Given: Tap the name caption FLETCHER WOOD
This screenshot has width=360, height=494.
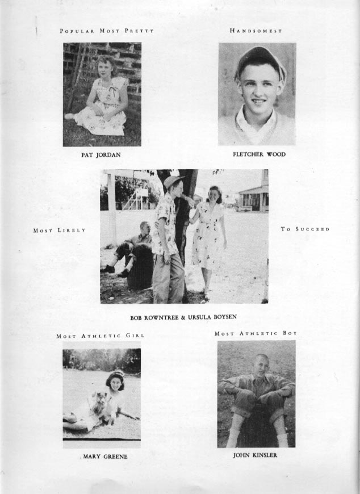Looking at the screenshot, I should (x=259, y=154).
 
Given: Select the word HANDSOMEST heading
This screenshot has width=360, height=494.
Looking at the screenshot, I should (x=256, y=31).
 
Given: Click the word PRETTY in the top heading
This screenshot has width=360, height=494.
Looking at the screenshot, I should (x=140, y=31).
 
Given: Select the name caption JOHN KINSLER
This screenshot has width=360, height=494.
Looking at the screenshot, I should (x=255, y=455).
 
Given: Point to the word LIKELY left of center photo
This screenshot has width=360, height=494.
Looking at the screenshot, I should (x=72, y=230).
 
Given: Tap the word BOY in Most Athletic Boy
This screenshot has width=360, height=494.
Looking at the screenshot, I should (x=289, y=333).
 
